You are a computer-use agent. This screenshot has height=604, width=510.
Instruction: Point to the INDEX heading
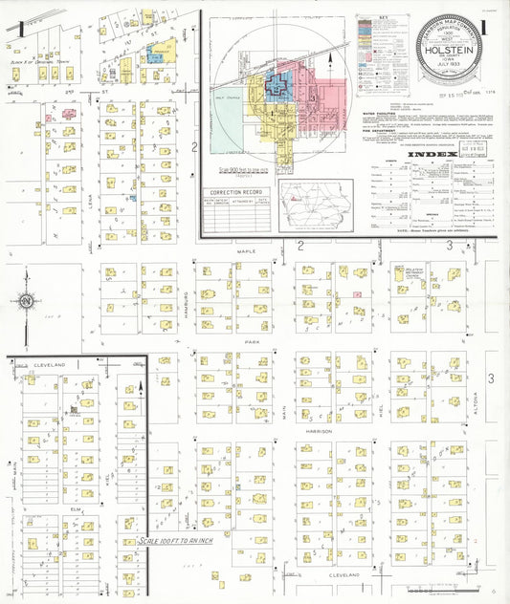point(426,154)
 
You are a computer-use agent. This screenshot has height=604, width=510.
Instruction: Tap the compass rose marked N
point(27,302)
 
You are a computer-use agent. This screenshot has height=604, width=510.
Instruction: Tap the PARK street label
point(253,341)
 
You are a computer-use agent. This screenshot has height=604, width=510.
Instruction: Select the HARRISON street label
point(319,431)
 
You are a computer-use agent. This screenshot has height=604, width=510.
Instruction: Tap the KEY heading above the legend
point(383,18)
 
